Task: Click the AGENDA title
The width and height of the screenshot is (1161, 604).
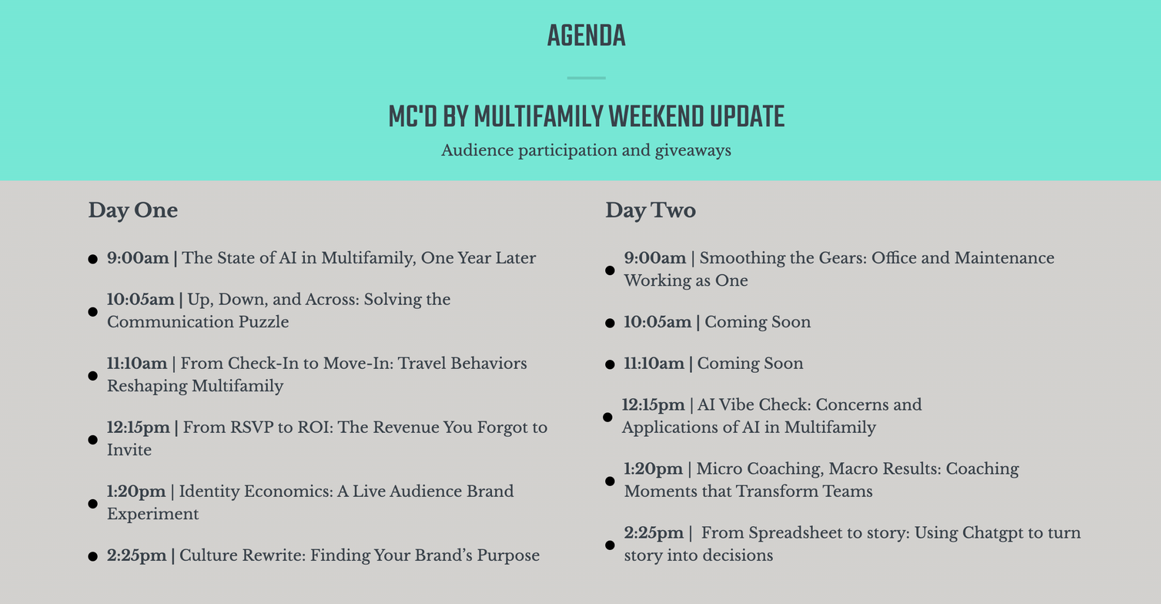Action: pyautogui.click(x=586, y=35)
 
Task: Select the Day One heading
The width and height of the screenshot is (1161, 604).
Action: pyautogui.click(x=132, y=210)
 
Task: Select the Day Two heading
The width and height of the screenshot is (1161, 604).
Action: pyautogui.click(x=651, y=210)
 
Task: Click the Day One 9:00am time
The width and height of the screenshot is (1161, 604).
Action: pyautogui.click(x=138, y=257)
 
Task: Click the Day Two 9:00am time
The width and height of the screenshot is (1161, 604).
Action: pyautogui.click(x=654, y=257)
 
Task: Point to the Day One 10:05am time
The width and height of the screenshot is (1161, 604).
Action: pyautogui.click(x=140, y=299)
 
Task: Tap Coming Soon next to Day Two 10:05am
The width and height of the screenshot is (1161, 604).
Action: pyautogui.click(x=758, y=322)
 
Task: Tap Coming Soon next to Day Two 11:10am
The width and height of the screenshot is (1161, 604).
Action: pyautogui.click(x=750, y=364)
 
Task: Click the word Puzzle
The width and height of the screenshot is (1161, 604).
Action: pyautogui.click(x=263, y=322)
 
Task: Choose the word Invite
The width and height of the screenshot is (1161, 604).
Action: pyautogui.click(x=129, y=449)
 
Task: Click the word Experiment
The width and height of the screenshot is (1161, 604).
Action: pyautogui.click(x=153, y=514)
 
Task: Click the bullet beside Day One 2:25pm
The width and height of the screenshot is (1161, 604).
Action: pyautogui.click(x=93, y=557)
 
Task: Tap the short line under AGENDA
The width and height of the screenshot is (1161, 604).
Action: pyautogui.click(x=586, y=79)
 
